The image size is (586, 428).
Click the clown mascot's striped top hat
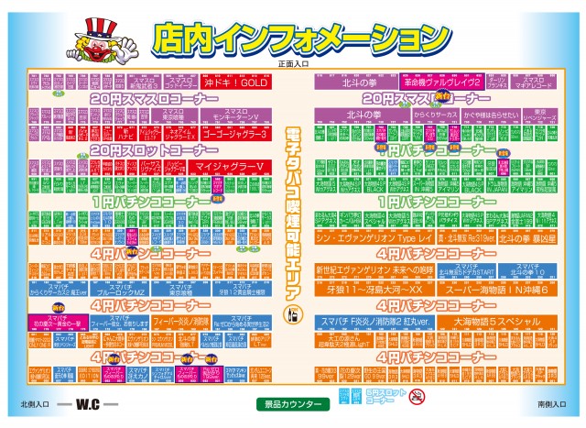pos(94,27)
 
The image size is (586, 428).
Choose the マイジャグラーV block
pos(229,166)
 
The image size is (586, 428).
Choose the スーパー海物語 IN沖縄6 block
pos(497,290)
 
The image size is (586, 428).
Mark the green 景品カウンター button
pos(295,403)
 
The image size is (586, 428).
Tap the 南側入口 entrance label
pos(548,404)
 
